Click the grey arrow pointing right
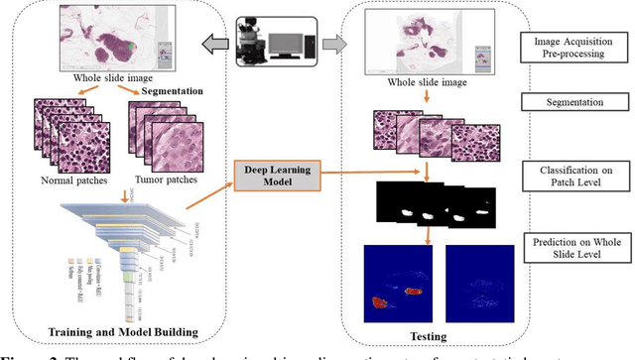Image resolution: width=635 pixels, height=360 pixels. (x=336, y=45)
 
